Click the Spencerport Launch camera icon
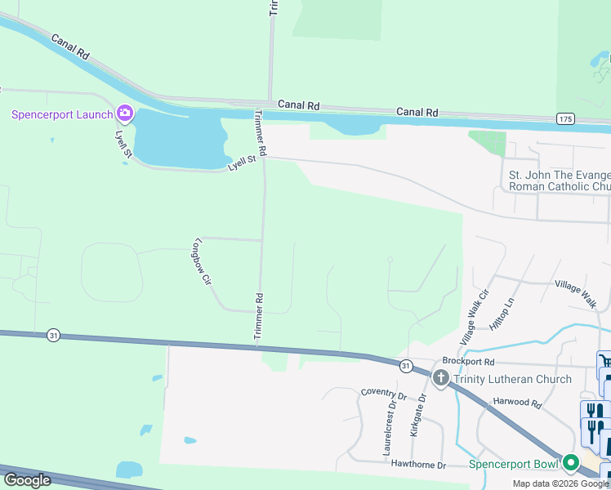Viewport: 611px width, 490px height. tap(124, 113)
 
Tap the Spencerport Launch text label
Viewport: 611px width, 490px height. tap(61, 114)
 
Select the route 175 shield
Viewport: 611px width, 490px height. tap(565, 119)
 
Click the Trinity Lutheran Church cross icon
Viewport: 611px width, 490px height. tap(440, 378)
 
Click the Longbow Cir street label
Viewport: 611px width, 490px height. tap(202, 261)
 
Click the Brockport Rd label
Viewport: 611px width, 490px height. tap(469, 360)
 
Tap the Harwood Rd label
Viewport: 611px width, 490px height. tap(517, 403)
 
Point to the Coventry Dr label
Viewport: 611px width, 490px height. tap(384, 393)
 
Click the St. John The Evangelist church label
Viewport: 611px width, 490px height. tap(560, 180)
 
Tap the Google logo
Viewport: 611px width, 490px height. tap(27, 480)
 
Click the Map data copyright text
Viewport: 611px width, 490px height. tap(560, 483)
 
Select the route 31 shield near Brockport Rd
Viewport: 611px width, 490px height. tap(406, 366)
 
